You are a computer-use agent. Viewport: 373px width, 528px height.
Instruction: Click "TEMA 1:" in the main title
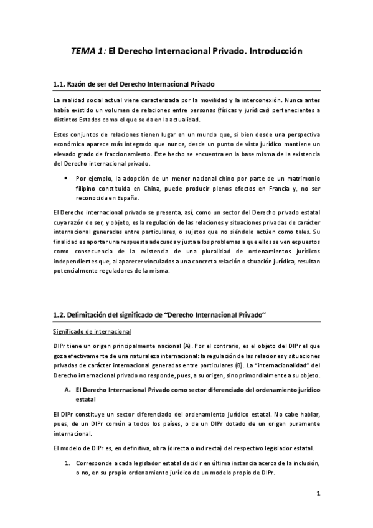click(88, 52)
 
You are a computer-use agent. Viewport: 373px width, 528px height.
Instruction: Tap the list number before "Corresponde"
click(68, 463)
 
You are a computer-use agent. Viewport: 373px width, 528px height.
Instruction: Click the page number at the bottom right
click(318, 494)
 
